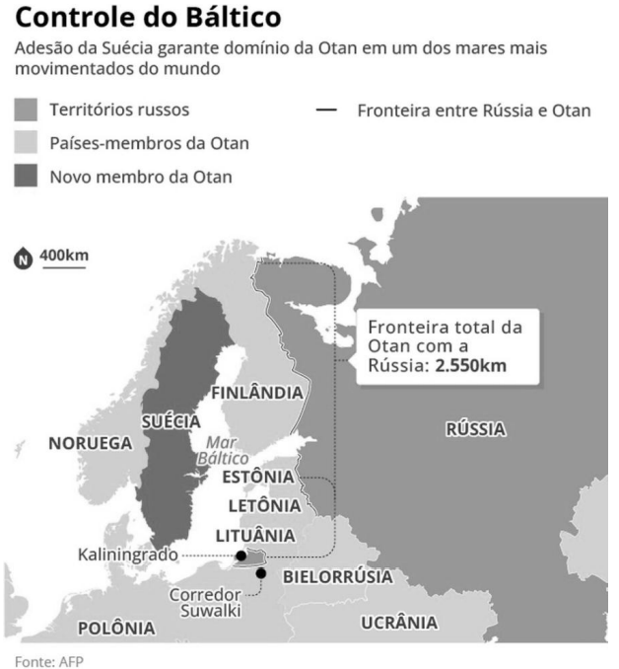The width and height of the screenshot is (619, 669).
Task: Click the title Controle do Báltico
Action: (149, 18)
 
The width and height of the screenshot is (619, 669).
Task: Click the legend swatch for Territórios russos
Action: (28, 111)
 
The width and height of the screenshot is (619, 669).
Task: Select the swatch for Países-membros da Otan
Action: (28, 144)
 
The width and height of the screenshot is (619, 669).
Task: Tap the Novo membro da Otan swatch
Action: (28, 177)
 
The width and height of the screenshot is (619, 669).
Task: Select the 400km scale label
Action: (64, 257)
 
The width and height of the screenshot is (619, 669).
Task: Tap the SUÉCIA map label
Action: (171, 421)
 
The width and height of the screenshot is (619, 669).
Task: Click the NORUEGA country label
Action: (90, 444)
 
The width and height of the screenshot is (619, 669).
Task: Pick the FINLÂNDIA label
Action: (258, 393)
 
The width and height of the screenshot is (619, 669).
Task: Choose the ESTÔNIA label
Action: (258, 477)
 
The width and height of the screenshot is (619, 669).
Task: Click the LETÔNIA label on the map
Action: (263, 506)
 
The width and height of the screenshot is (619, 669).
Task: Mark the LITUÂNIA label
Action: (255, 535)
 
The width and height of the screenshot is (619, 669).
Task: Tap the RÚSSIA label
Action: (475, 429)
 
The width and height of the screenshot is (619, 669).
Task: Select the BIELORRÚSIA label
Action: (337, 576)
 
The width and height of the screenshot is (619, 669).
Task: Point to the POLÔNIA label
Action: (116, 628)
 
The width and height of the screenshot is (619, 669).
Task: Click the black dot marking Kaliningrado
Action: (241, 557)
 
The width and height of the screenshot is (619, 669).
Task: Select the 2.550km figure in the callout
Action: (472, 368)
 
